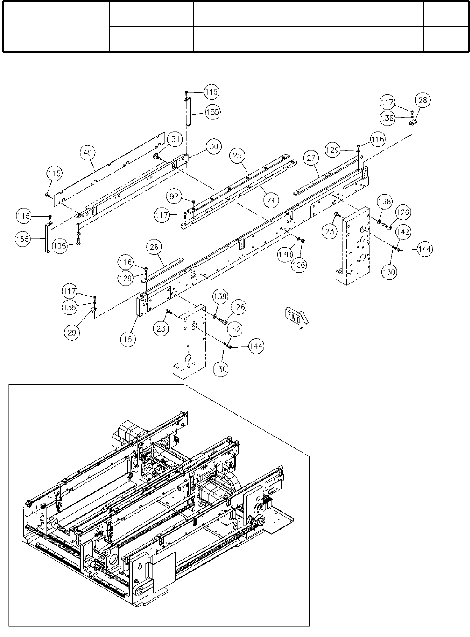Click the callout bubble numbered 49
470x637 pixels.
point(88,154)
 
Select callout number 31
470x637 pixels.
point(175,140)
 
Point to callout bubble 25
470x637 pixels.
point(238,156)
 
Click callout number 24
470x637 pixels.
point(270,201)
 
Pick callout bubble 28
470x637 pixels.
point(423,99)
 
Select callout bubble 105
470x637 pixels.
point(59,245)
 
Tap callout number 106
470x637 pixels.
point(298,265)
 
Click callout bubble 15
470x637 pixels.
point(129,339)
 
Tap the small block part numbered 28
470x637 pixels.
point(413,122)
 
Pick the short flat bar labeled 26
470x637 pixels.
point(162,270)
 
